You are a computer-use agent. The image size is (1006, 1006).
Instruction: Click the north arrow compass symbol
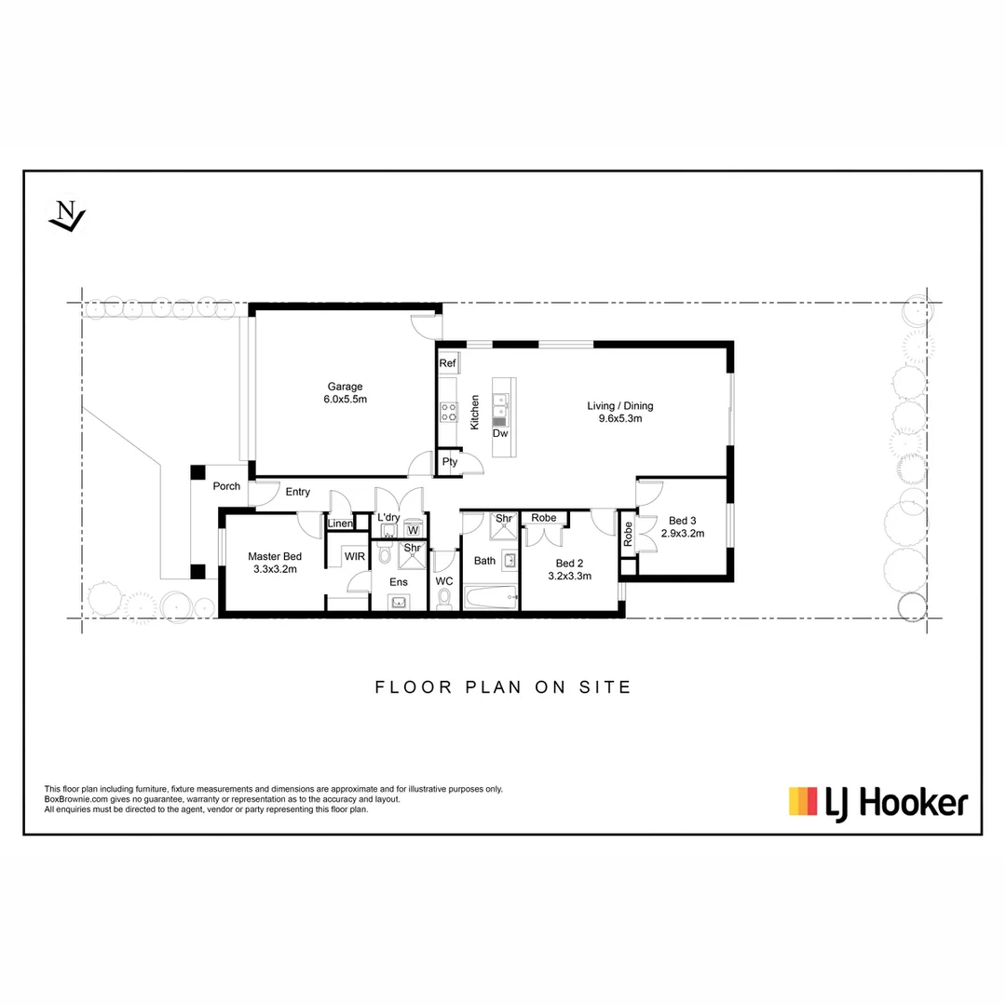(66, 216)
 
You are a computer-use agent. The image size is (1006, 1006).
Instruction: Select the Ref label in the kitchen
(447, 363)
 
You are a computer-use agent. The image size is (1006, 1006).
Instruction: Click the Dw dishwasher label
(500, 433)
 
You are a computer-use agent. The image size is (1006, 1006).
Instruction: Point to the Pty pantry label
(450, 462)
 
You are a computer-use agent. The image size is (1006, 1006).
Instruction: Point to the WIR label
(354, 556)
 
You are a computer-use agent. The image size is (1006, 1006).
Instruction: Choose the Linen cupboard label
(340, 524)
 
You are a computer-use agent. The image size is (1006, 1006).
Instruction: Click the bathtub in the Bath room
(490, 597)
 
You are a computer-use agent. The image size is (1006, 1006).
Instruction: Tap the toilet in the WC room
(444, 597)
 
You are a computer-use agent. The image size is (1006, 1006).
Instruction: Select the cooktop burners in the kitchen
(448, 412)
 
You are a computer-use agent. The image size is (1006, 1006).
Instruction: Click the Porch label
(226, 486)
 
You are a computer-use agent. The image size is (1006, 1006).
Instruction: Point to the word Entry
(298, 492)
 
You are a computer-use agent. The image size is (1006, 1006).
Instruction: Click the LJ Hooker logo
(877, 802)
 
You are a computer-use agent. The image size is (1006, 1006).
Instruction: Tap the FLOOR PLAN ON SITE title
(503, 687)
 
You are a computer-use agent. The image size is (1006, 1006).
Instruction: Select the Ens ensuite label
(399, 582)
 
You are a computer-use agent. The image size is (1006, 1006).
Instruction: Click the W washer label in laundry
(412, 530)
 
